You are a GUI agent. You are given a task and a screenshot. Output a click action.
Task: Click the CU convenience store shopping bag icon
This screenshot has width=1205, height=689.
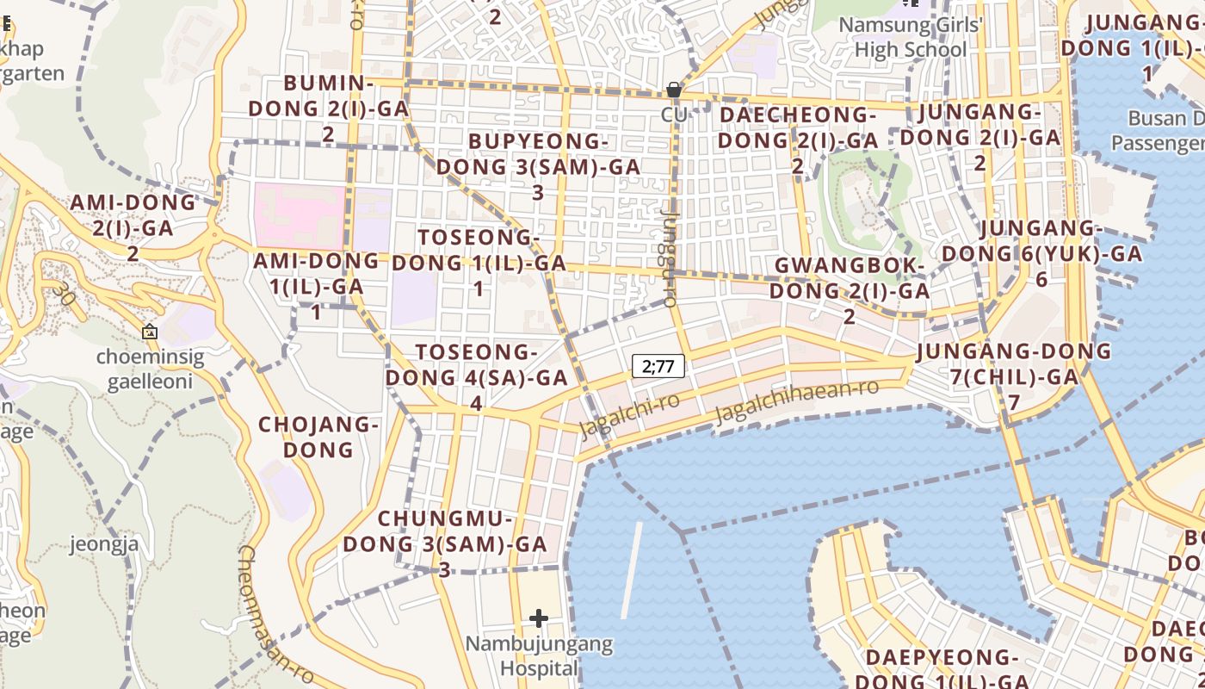click(x=673, y=90)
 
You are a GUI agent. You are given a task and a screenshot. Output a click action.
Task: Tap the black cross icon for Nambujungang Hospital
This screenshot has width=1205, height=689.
click(x=539, y=618)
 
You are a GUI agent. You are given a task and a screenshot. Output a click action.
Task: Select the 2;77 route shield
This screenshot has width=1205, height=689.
click(x=658, y=366)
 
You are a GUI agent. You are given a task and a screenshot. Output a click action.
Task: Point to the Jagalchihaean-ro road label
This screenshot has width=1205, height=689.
click(x=797, y=400)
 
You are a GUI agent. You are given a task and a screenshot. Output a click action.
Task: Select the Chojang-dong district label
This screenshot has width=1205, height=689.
click(x=318, y=437)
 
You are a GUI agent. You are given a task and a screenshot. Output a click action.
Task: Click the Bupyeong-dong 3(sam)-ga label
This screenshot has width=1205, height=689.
click(x=538, y=166)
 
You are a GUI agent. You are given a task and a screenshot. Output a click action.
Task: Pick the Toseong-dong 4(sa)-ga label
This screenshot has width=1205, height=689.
click(x=476, y=377)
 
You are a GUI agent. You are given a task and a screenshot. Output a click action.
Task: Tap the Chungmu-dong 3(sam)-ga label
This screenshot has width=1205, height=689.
click(x=445, y=543)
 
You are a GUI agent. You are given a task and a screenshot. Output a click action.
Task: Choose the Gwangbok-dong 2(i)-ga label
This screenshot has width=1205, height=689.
click(x=850, y=290)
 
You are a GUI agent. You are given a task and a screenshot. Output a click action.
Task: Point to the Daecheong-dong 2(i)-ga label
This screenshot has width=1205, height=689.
click(x=798, y=140)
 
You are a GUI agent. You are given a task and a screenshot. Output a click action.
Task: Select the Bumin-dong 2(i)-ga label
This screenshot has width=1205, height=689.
click(x=329, y=109)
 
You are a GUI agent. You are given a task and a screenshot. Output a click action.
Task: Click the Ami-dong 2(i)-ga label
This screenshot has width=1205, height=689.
click(x=133, y=227)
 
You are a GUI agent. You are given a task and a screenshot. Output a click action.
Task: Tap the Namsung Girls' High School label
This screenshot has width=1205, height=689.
click(x=910, y=37)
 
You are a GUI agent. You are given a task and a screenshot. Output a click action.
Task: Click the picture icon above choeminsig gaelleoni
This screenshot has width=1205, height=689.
click(x=150, y=331)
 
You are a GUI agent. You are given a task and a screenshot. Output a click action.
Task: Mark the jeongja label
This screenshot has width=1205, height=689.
click(x=104, y=544)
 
